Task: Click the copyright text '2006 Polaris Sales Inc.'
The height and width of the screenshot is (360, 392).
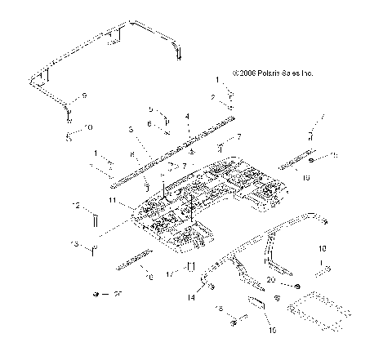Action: click(x=273, y=73)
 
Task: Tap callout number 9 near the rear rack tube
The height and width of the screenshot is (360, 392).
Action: click(x=82, y=96)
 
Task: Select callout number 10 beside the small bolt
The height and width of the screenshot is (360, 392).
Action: click(x=89, y=127)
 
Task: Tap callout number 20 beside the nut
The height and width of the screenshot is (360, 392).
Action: click(x=271, y=279)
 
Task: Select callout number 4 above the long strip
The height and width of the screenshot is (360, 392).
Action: click(x=187, y=117)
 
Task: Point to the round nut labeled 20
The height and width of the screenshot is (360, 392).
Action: click(x=296, y=285)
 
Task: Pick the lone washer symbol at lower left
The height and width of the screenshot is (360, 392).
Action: click(x=96, y=293)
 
